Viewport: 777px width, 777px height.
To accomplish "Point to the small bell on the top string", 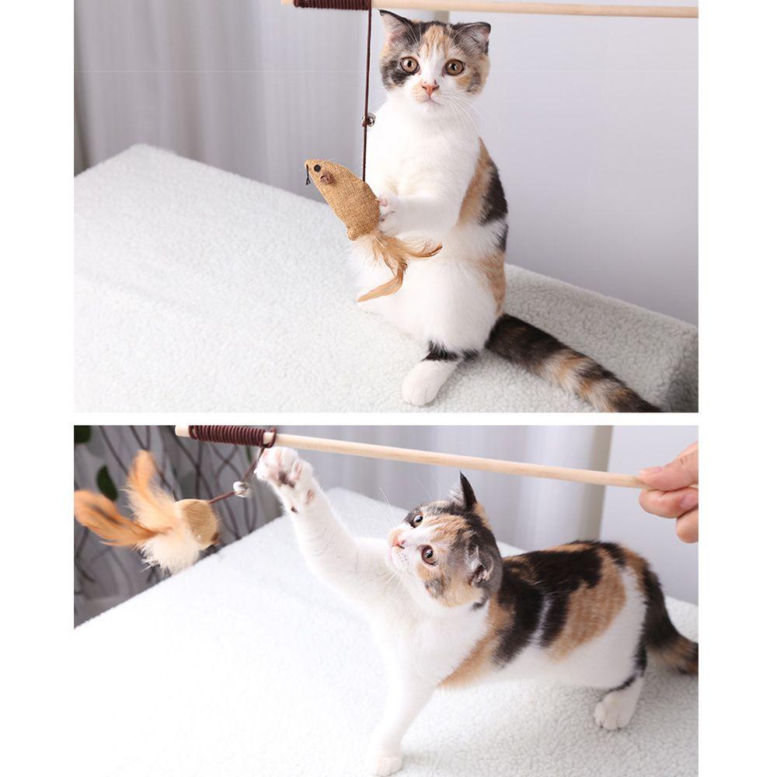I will tap(368, 120).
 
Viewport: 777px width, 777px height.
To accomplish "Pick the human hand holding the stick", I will tap(672, 490).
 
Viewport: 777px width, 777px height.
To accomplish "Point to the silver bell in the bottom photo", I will tap(242, 489).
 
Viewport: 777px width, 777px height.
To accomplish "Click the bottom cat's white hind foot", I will tap(614, 711).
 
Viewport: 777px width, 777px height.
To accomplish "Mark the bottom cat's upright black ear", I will tap(465, 493).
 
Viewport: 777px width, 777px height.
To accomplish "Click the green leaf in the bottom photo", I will tap(106, 482).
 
